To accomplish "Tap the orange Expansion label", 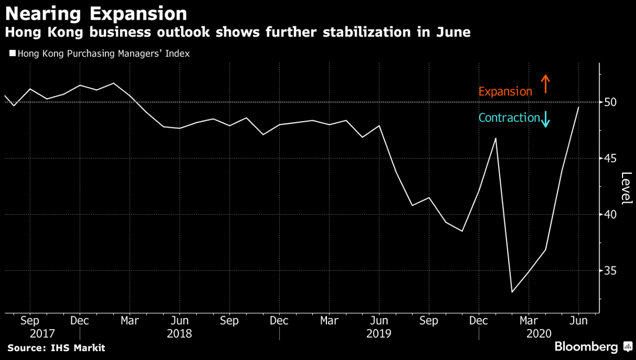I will click(x=505, y=91).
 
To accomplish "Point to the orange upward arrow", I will click(x=545, y=85).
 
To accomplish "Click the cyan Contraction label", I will click(x=509, y=118).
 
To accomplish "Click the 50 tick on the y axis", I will click(x=611, y=102).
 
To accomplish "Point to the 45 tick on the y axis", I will click(x=611, y=159).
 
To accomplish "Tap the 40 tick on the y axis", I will click(x=611, y=215).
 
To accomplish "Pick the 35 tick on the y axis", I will click(x=611, y=271).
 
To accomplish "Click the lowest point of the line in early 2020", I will click(x=512, y=292).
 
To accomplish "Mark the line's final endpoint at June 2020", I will click(x=579, y=107).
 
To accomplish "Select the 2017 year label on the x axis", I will click(x=43, y=333).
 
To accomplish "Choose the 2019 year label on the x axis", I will click(x=379, y=333).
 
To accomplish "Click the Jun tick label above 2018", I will click(x=179, y=321).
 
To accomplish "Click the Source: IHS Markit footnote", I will click(x=56, y=348).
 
